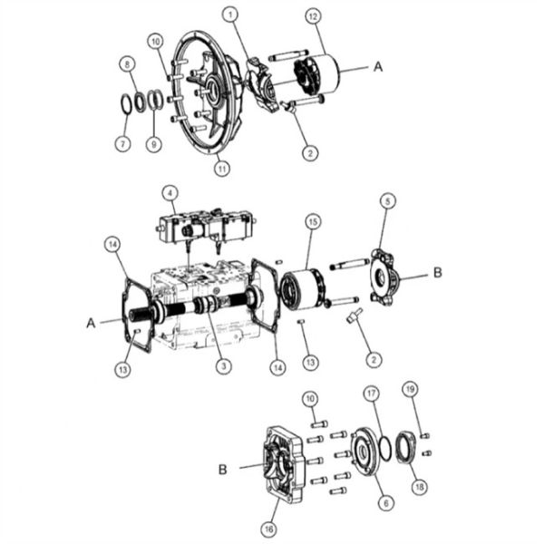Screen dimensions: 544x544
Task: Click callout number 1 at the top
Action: click(x=231, y=15)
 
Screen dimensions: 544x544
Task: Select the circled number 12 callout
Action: click(x=312, y=17)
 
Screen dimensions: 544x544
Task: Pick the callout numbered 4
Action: click(x=168, y=192)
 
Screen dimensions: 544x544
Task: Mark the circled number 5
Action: click(x=387, y=202)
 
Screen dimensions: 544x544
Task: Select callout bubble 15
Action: click(x=311, y=221)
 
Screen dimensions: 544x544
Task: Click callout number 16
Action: click(x=268, y=526)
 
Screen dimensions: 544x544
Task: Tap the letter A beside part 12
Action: click(x=378, y=67)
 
